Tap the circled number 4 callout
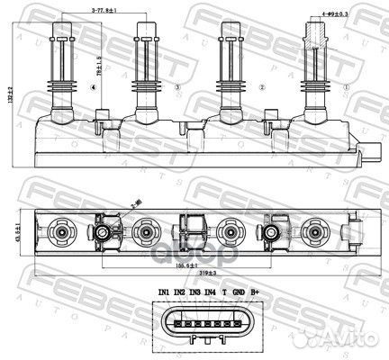[x=94, y=87]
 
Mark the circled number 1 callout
[x=345, y=87]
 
